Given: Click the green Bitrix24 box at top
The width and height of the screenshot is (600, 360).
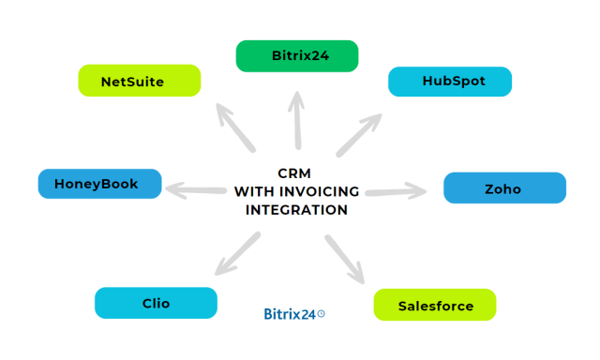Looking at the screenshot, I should pos(296,56).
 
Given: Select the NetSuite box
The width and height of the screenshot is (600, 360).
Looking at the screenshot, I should pos(140,81).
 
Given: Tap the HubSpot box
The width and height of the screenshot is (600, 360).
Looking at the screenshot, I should pos(450,82).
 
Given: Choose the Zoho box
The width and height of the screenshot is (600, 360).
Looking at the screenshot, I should pos(503,188).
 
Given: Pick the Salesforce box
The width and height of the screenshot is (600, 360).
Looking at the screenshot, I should pos(435,306).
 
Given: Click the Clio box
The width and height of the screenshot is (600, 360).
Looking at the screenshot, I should pos(156,303).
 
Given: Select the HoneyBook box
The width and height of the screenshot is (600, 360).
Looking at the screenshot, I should pos(99,184).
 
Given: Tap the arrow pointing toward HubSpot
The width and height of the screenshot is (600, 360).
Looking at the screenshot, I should pos(359,134).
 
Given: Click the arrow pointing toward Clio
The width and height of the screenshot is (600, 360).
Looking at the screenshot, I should pos(237,253).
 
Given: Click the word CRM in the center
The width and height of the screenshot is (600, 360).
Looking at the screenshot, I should pos(295,173).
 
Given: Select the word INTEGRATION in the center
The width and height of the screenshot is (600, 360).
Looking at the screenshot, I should pos(296,210).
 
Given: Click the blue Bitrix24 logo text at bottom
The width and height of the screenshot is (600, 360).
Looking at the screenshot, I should pos(289,315).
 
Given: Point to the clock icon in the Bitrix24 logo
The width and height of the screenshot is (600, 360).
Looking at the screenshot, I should pos(322,314).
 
